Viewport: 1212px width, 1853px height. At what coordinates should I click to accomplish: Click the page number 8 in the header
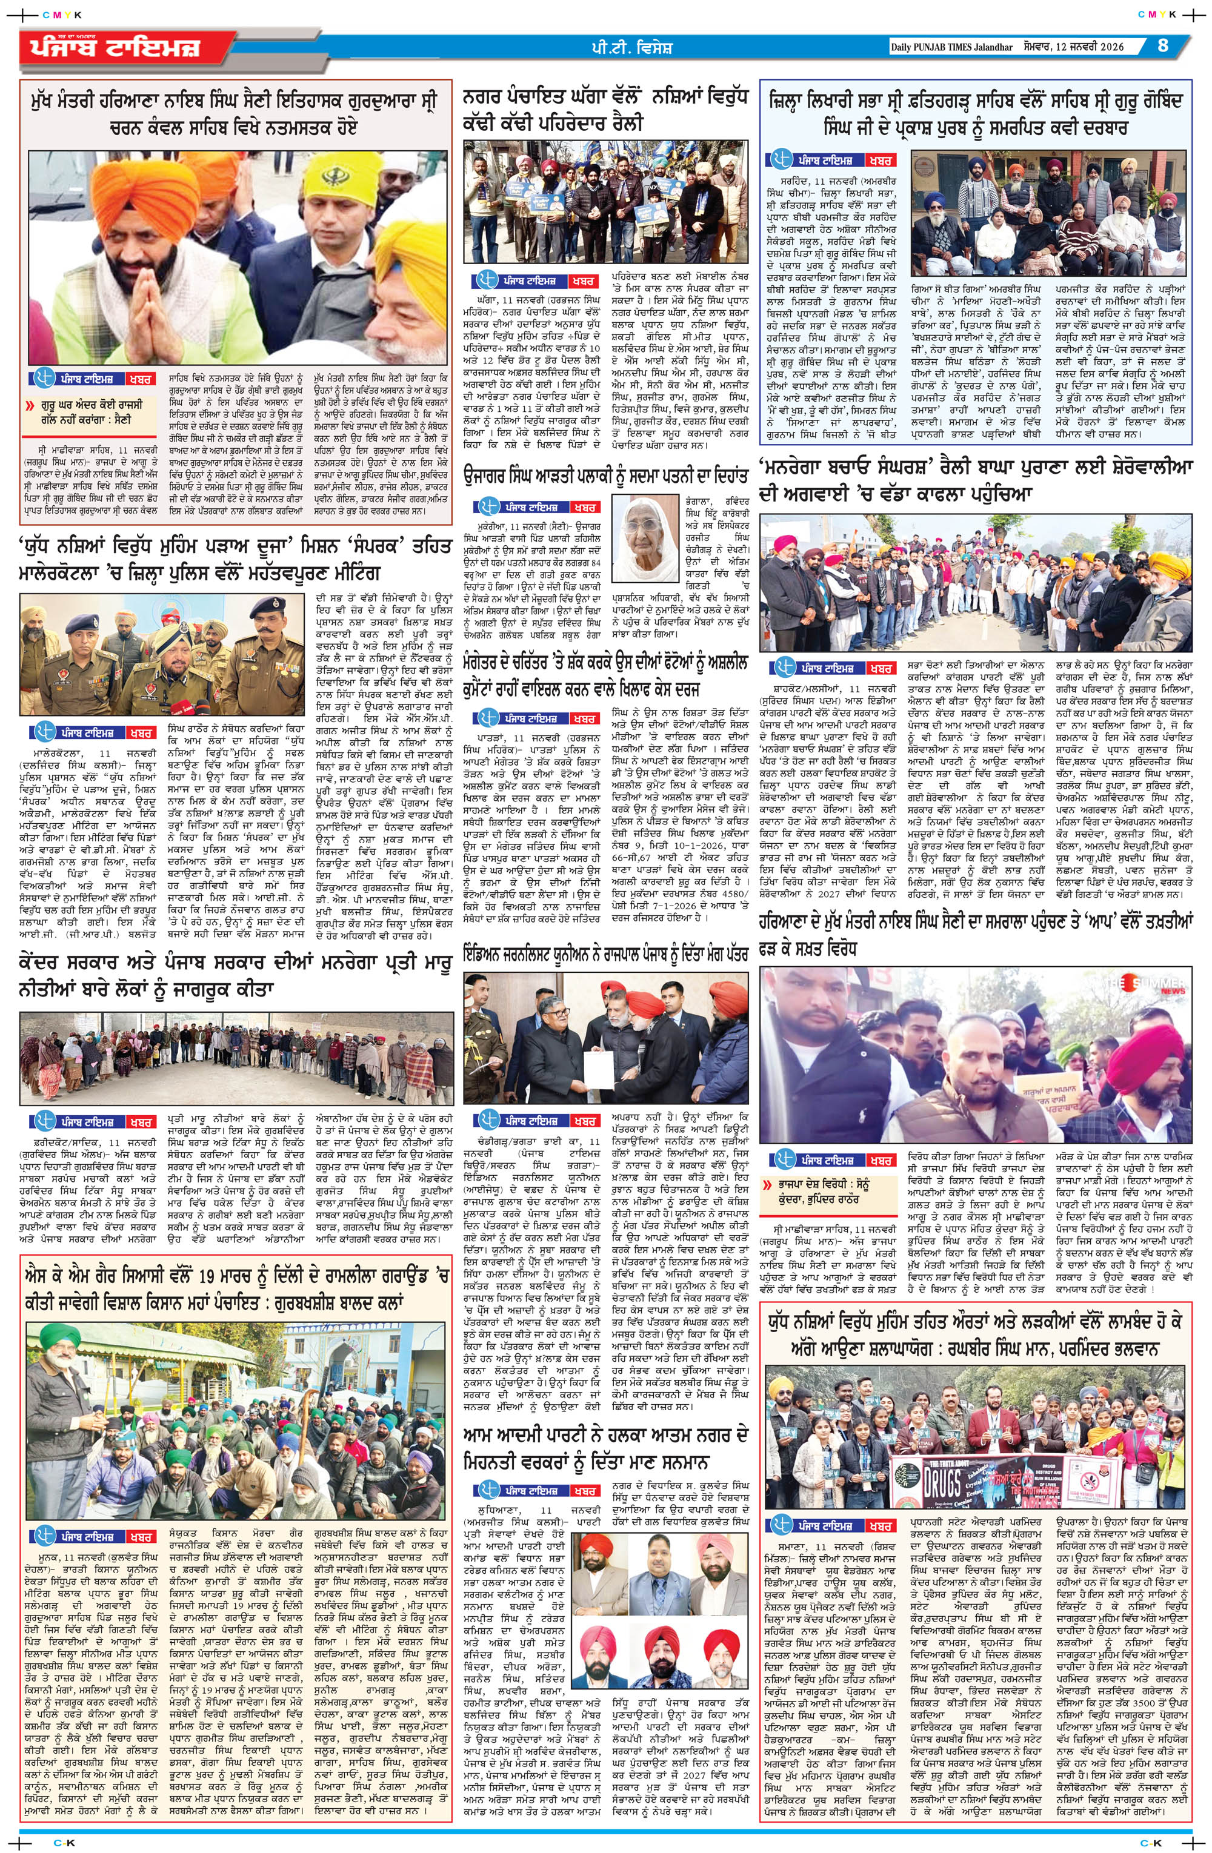coord(1162,45)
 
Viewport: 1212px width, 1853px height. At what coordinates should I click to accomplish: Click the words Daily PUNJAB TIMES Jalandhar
coord(951,47)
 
